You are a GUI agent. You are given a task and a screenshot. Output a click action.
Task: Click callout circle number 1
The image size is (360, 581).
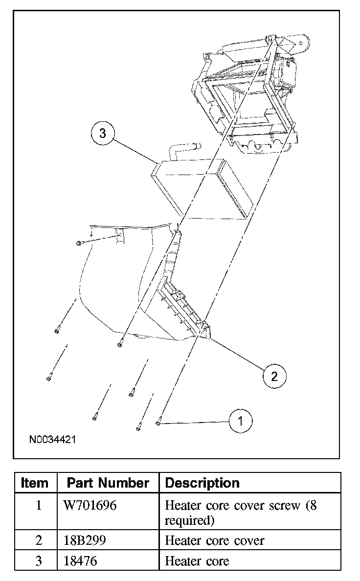point(240,421)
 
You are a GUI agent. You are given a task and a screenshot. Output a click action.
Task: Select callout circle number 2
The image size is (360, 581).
point(274,376)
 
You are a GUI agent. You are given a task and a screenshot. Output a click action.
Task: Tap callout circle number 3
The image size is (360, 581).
point(103,134)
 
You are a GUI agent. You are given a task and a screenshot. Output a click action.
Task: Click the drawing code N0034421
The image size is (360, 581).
point(52,440)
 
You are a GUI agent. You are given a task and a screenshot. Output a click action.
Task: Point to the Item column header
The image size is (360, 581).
point(35,483)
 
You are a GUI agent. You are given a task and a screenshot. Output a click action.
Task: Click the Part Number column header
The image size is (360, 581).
point(108,483)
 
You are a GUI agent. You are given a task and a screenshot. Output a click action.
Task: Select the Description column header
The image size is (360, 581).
point(202,483)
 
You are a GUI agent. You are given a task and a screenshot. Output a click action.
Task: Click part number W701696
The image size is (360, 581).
point(90,505)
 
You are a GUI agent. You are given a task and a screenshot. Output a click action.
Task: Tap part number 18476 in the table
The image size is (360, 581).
point(80,561)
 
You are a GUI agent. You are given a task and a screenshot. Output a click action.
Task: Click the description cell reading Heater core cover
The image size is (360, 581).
point(215,540)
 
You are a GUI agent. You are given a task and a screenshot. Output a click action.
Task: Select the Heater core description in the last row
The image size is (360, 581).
point(197,561)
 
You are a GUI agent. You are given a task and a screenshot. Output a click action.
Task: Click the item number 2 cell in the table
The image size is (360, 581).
point(38,540)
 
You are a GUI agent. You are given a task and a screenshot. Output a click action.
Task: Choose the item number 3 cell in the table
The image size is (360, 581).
point(38,561)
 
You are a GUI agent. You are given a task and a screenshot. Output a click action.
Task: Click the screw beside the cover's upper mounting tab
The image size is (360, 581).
point(79,243)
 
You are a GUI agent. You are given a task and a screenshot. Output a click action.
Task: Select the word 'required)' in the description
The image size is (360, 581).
point(190,520)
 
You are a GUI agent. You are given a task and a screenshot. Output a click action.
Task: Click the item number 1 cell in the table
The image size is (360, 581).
point(38,505)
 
